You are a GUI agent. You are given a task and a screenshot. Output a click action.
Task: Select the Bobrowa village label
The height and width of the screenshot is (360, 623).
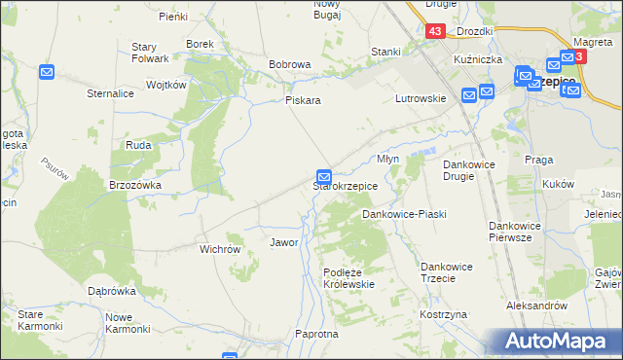[x=289, y=64]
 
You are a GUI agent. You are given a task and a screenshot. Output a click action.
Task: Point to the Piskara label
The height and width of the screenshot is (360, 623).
[x=303, y=100]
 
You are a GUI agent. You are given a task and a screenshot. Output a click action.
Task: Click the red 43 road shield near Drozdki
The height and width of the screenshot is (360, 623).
[x=435, y=32]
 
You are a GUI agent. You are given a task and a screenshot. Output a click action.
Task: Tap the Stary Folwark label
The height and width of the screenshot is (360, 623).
[x=151, y=54]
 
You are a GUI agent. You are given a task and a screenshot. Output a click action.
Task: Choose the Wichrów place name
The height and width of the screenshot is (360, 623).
[x=220, y=249]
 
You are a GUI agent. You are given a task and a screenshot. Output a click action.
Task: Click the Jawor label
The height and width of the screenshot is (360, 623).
[x=283, y=242]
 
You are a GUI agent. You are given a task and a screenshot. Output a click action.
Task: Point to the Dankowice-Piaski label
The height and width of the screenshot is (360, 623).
[x=404, y=213]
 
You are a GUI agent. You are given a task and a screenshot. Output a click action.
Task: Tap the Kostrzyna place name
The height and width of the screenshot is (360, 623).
[x=444, y=316]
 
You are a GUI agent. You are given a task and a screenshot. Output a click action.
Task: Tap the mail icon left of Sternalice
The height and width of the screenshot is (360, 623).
[x=48, y=72]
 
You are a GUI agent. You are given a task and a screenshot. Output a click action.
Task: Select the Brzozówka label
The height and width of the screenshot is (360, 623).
[x=134, y=184]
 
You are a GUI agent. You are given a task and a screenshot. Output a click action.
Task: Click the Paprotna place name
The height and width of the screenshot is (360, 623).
[x=315, y=334]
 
